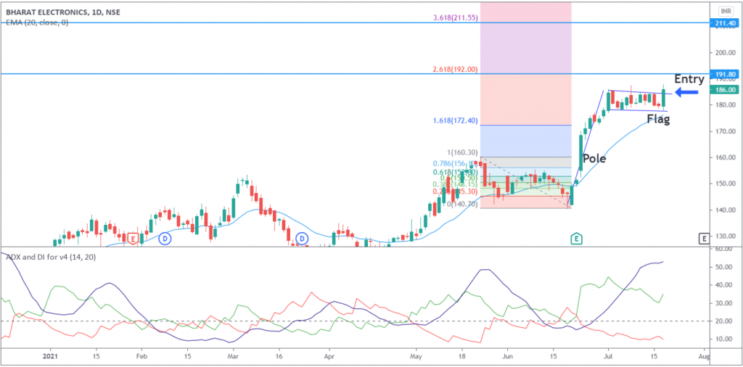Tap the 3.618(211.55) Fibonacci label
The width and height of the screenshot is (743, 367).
click(455, 17)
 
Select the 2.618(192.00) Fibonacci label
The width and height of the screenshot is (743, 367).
click(455, 68)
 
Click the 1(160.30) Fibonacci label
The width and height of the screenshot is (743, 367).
click(463, 152)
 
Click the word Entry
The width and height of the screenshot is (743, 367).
click(689, 79)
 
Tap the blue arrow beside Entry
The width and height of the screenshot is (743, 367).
click(686, 92)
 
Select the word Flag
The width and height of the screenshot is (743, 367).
click(658, 118)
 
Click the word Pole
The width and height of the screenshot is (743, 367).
click(594, 158)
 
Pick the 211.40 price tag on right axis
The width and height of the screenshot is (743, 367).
click(723, 23)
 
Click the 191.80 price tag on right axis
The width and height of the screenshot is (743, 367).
click(723, 74)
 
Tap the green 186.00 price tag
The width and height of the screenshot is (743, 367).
click(723, 89)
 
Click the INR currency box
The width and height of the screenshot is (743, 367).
click(724, 11)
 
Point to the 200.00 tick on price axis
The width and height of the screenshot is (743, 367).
click(723, 53)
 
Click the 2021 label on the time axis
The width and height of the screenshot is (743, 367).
click(50, 357)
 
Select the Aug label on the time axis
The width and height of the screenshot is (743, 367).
click(702, 357)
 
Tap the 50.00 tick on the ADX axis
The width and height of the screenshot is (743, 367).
click(721, 267)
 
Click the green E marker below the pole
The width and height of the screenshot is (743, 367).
click(576, 238)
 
